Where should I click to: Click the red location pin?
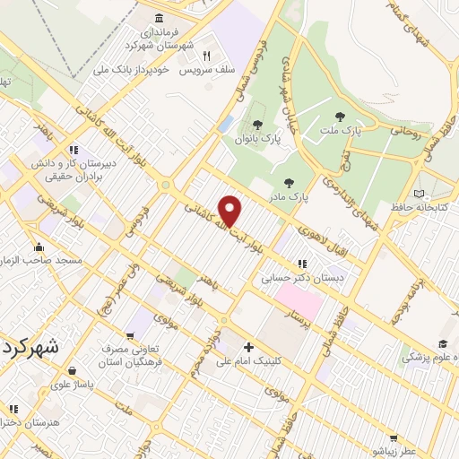(230, 210)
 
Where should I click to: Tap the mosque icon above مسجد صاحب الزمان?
(39, 247)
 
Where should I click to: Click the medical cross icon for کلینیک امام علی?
(248, 348)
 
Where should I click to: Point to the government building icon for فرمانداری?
(159, 19)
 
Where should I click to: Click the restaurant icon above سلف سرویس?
(205, 54)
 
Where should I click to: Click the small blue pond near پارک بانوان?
(227, 122)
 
